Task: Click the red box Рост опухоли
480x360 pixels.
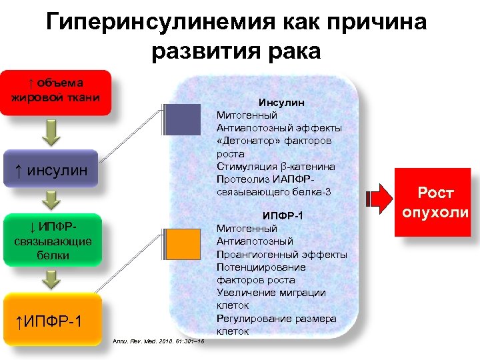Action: tap(435, 203)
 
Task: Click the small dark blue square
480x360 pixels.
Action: tap(182, 123)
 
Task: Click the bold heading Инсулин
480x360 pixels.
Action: tap(282, 103)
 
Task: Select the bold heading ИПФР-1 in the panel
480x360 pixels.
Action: tap(282, 216)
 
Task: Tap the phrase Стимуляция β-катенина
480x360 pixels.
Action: tap(275, 167)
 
